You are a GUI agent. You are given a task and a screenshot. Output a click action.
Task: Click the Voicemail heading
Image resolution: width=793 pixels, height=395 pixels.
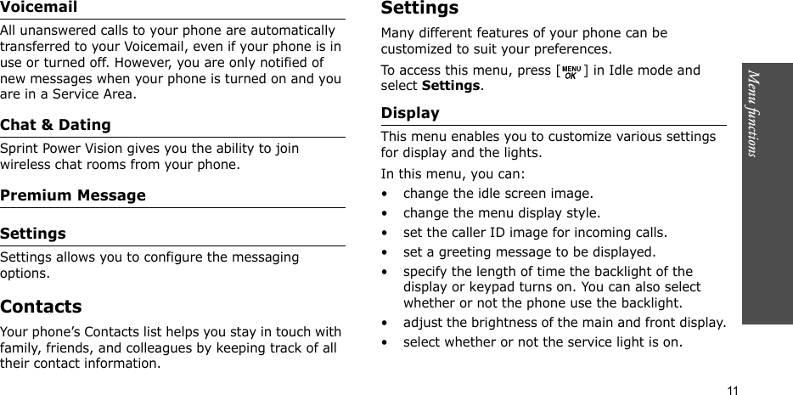38,8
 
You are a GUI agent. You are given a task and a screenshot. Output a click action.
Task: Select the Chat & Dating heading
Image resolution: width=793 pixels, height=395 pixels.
56,125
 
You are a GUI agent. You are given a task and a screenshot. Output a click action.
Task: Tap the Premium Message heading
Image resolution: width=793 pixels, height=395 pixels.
73,195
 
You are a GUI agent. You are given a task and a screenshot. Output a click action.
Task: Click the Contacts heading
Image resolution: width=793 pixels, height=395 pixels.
42,307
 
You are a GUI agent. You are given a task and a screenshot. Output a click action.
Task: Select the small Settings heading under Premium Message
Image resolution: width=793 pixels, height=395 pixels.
33,234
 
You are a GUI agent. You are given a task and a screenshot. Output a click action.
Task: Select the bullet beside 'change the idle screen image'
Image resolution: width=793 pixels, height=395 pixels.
386,194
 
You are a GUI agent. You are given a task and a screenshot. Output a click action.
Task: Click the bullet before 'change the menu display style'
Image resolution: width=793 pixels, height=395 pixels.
386,213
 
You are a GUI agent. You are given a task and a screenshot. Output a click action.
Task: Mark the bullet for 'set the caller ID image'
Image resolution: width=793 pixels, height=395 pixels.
386,233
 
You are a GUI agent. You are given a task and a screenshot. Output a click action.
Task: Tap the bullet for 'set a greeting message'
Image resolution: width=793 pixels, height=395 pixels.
386,252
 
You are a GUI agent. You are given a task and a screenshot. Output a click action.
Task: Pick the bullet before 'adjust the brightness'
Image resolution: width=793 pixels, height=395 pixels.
386,324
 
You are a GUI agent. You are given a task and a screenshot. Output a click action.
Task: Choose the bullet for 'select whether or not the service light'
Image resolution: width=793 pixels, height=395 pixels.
386,343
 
